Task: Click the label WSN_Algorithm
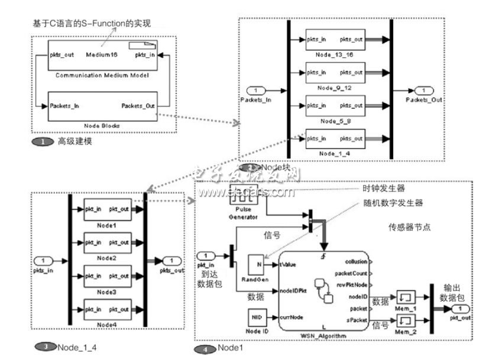click(323, 336)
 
